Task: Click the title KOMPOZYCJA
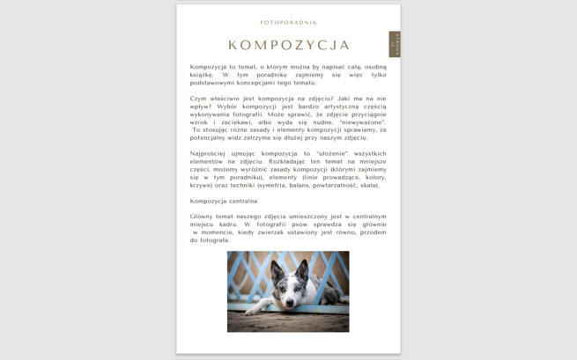point(289,45)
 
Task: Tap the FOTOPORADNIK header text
point(289,22)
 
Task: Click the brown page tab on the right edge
point(395,44)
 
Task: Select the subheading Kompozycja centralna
point(224,201)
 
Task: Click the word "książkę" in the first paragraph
point(202,74)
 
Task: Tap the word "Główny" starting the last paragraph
point(202,216)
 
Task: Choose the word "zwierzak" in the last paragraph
point(278,231)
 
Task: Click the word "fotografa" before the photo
point(215,239)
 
